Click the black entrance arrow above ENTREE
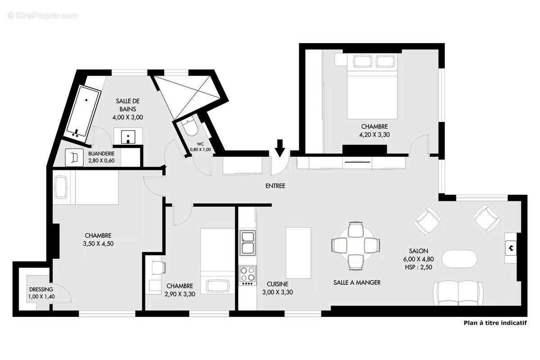coord(280,148)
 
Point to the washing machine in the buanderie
coord(75,157)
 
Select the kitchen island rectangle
coord(298,253)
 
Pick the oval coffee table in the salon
coord(459,260)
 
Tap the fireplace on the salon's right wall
coord(511,247)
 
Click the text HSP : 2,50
coord(418,267)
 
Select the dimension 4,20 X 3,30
coord(373,135)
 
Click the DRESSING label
coord(41,289)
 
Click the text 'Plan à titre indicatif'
coord(495,323)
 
